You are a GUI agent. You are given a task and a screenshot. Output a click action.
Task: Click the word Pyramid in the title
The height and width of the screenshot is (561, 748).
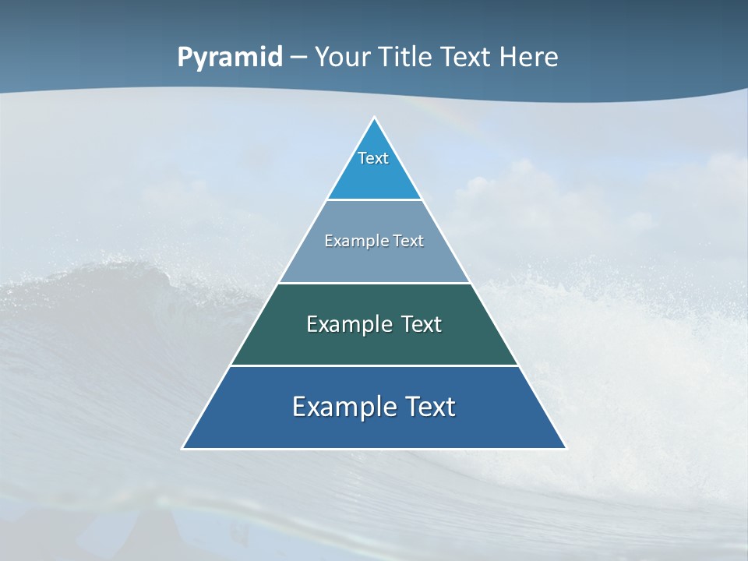click(230, 58)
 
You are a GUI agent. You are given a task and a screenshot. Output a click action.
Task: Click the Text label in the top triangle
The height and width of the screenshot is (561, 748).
click(373, 158)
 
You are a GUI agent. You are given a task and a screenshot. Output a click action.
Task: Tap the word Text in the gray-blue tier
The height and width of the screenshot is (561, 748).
click(408, 241)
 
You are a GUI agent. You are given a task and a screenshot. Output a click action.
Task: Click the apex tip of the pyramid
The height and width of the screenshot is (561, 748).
click(374, 118)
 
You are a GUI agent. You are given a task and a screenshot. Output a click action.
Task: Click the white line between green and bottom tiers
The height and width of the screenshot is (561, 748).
click(374, 365)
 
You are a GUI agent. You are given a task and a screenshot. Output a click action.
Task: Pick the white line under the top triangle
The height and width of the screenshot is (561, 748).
click(374, 199)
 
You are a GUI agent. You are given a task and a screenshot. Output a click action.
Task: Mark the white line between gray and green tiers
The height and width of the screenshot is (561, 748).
click(374, 283)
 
